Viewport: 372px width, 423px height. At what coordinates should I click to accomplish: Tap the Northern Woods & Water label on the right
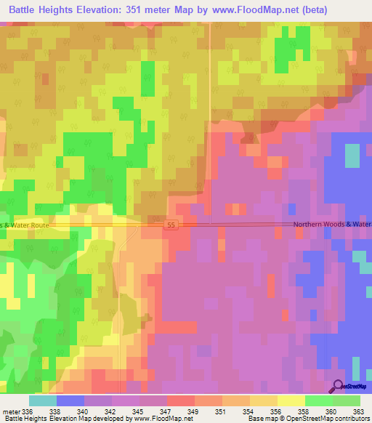[333, 225]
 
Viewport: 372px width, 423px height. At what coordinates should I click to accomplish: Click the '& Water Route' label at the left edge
[25, 225]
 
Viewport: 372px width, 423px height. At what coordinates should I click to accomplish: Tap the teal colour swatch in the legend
[42, 400]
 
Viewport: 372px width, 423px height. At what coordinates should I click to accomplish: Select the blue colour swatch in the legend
[70, 400]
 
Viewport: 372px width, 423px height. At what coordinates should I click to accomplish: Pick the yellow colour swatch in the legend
[291, 400]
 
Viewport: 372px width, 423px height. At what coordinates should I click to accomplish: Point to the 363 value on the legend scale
[360, 411]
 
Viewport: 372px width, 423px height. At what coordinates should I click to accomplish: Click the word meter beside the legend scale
[12, 411]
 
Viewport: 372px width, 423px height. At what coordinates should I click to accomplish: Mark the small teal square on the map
[352, 156]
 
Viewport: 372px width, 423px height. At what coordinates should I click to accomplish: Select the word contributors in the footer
[351, 419]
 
